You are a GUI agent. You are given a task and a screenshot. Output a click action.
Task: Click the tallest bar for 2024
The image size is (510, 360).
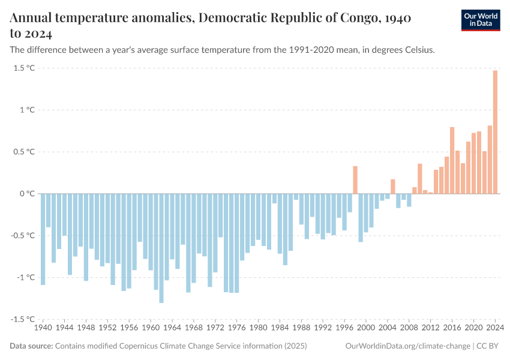click(x=495, y=132)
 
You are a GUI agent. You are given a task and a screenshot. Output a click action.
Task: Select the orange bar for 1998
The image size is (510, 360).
click(x=355, y=180)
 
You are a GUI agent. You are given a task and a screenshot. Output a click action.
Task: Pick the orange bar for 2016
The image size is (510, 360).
click(x=452, y=160)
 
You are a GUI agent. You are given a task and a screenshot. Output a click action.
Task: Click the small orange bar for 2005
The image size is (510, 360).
click(x=393, y=187)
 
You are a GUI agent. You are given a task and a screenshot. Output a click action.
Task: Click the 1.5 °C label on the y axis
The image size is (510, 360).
click(x=23, y=68)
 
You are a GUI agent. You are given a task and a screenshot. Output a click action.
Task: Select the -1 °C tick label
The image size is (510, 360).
click(x=25, y=277)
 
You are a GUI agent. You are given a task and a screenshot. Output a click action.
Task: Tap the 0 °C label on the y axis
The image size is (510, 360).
click(x=27, y=194)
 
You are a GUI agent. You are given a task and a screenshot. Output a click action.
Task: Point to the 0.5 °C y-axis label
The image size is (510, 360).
click(x=23, y=152)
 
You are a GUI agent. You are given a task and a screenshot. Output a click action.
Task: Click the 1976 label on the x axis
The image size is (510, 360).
click(x=237, y=328)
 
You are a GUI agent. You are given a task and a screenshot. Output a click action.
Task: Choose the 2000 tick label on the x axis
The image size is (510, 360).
click(x=366, y=328)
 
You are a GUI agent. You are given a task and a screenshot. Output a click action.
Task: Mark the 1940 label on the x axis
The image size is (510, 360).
click(x=43, y=328)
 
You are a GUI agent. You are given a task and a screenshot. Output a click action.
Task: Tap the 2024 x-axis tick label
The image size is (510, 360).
click(x=495, y=328)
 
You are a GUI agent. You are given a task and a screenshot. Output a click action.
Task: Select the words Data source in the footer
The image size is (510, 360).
click(x=31, y=346)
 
